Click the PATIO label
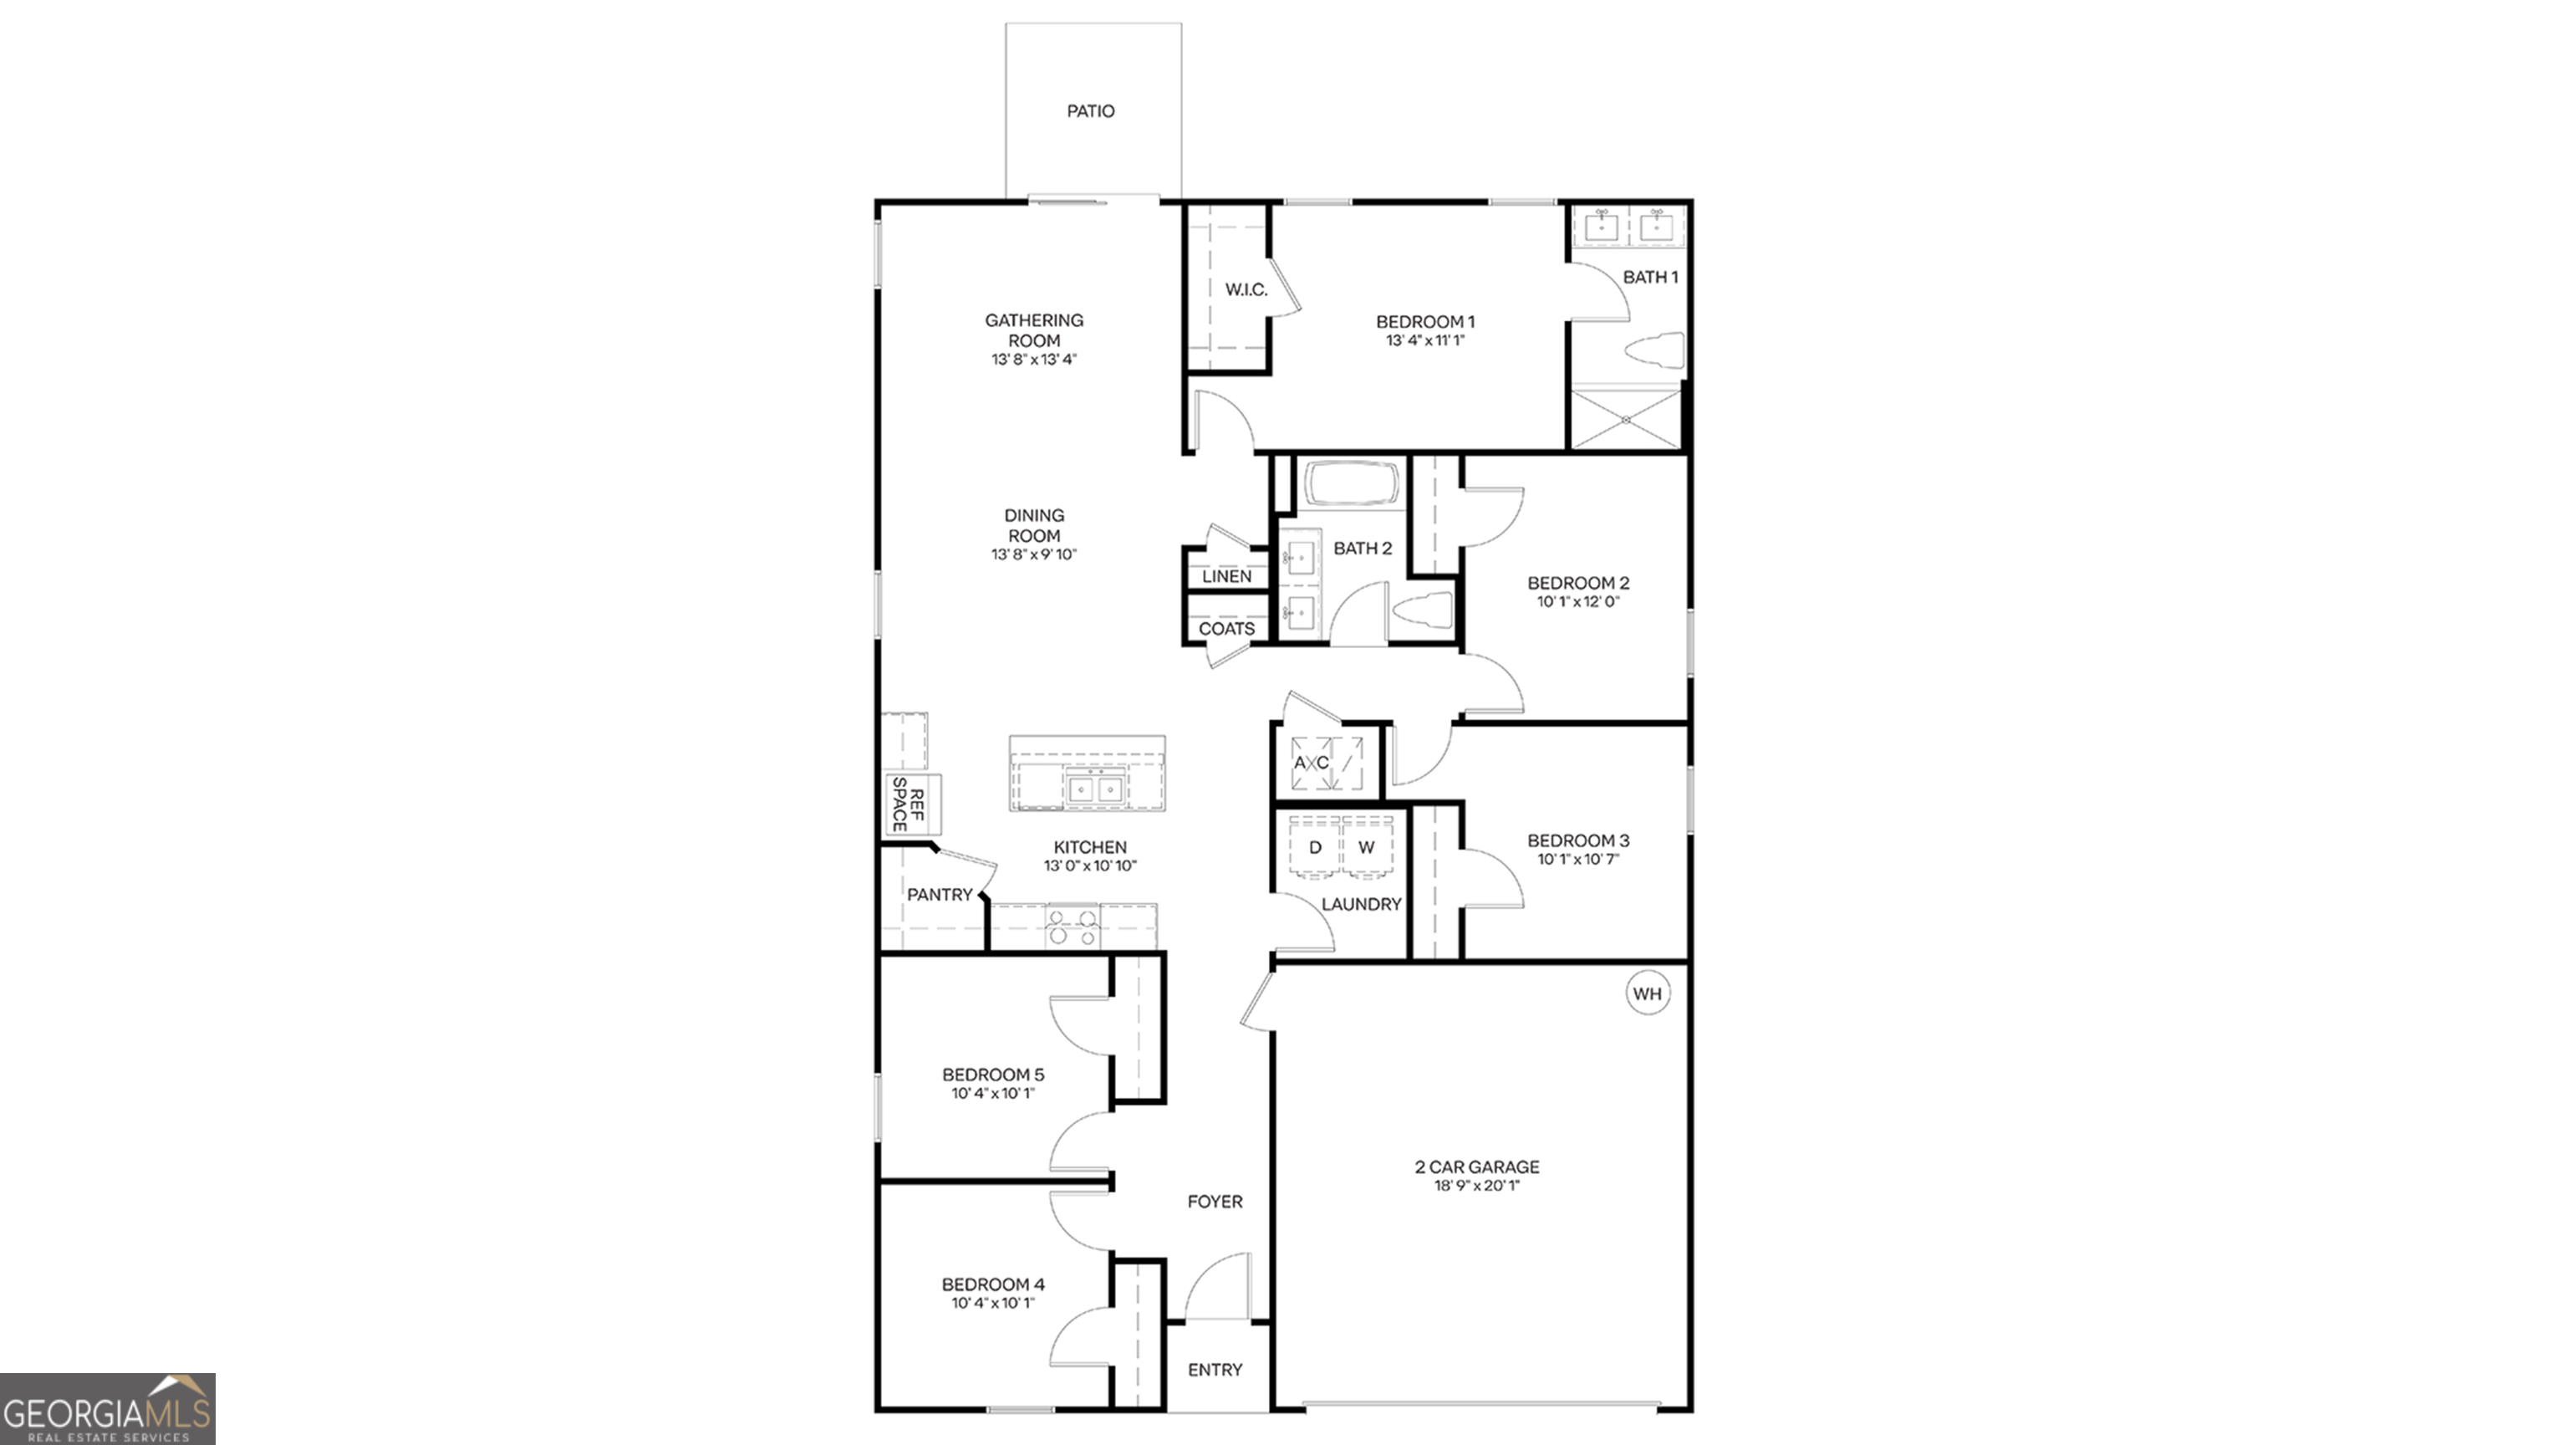(x=1091, y=110)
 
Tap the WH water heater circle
(x=1647, y=993)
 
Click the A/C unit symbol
(x=1325, y=763)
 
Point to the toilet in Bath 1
(x=1655, y=351)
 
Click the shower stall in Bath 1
(x=1625, y=419)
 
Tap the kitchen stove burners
(x=1073, y=927)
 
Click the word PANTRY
(x=939, y=895)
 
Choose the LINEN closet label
(x=1226, y=576)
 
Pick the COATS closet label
(x=1226, y=629)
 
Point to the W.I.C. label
(x=1246, y=290)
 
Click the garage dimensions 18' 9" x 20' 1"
(x=1476, y=1186)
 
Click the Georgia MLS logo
(x=108, y=1409)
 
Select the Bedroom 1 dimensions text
(x=1424, y=341)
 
